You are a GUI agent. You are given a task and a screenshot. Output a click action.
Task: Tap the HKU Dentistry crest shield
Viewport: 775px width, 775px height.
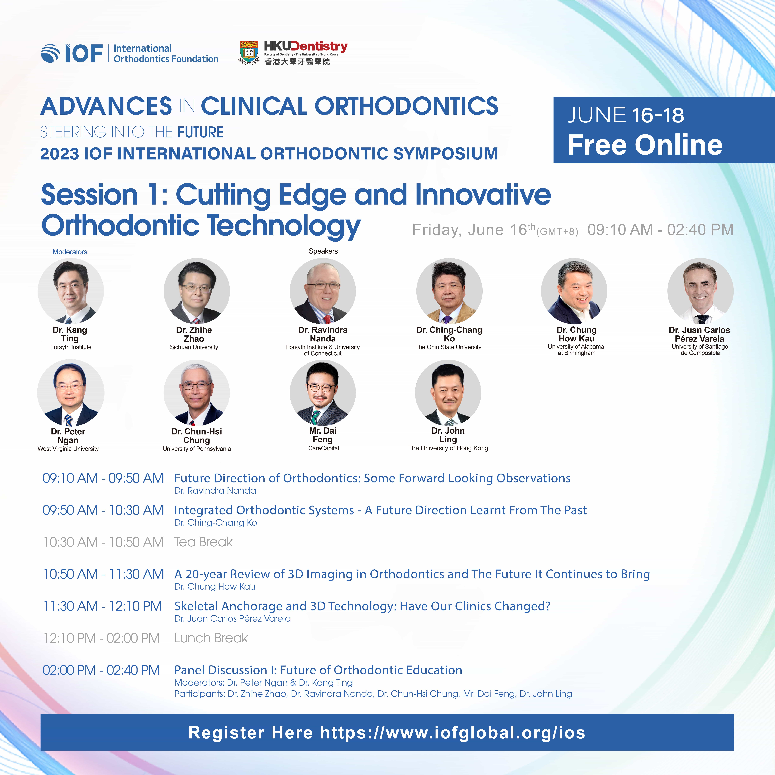click(x=249, y=53)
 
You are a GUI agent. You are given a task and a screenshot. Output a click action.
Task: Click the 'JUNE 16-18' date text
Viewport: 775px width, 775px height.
click(x=626, y=116)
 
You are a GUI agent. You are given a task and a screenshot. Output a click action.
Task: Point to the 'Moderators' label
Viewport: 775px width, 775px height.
click(x=70, y=252)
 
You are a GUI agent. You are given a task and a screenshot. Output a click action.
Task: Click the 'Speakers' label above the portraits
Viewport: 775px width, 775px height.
click(x=323, y=251)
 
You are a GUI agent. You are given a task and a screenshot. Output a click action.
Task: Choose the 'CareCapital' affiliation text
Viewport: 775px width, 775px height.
click(x=323, y=449)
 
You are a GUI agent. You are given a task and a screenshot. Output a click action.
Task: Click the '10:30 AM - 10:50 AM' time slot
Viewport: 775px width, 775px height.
click(x=104, y=542)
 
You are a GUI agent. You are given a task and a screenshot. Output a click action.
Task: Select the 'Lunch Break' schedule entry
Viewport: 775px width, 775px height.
click(x=211, y=638)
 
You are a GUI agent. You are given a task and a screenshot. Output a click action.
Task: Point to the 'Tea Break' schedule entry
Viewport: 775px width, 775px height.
click(x=203, y=542)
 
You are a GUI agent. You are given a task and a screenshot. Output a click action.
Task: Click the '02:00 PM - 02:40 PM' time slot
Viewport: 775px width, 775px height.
click(x=101, y=670)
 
